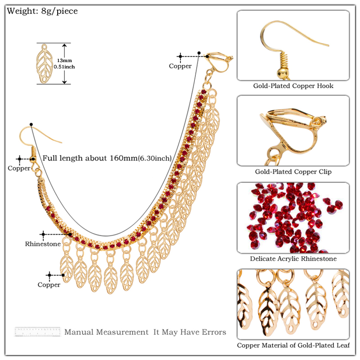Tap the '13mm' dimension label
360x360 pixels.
(66, 60)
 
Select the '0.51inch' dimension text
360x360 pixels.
(64, 67)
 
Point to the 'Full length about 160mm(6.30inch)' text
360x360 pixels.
(107, 158)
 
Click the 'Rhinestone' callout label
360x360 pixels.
(43, 244)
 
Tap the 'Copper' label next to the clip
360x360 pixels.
(180, 66)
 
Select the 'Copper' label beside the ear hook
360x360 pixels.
(19, 168)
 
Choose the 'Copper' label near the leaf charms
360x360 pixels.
(49, 284)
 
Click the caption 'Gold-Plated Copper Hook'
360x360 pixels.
(293, 85)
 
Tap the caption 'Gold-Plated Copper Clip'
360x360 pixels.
(293, 171)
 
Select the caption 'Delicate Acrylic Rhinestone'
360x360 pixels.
(293, 259)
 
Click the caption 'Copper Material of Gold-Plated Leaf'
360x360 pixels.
(293, 346)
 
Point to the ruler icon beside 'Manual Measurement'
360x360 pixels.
(37, 332)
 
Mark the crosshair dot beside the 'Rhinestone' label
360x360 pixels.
(43, 234)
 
